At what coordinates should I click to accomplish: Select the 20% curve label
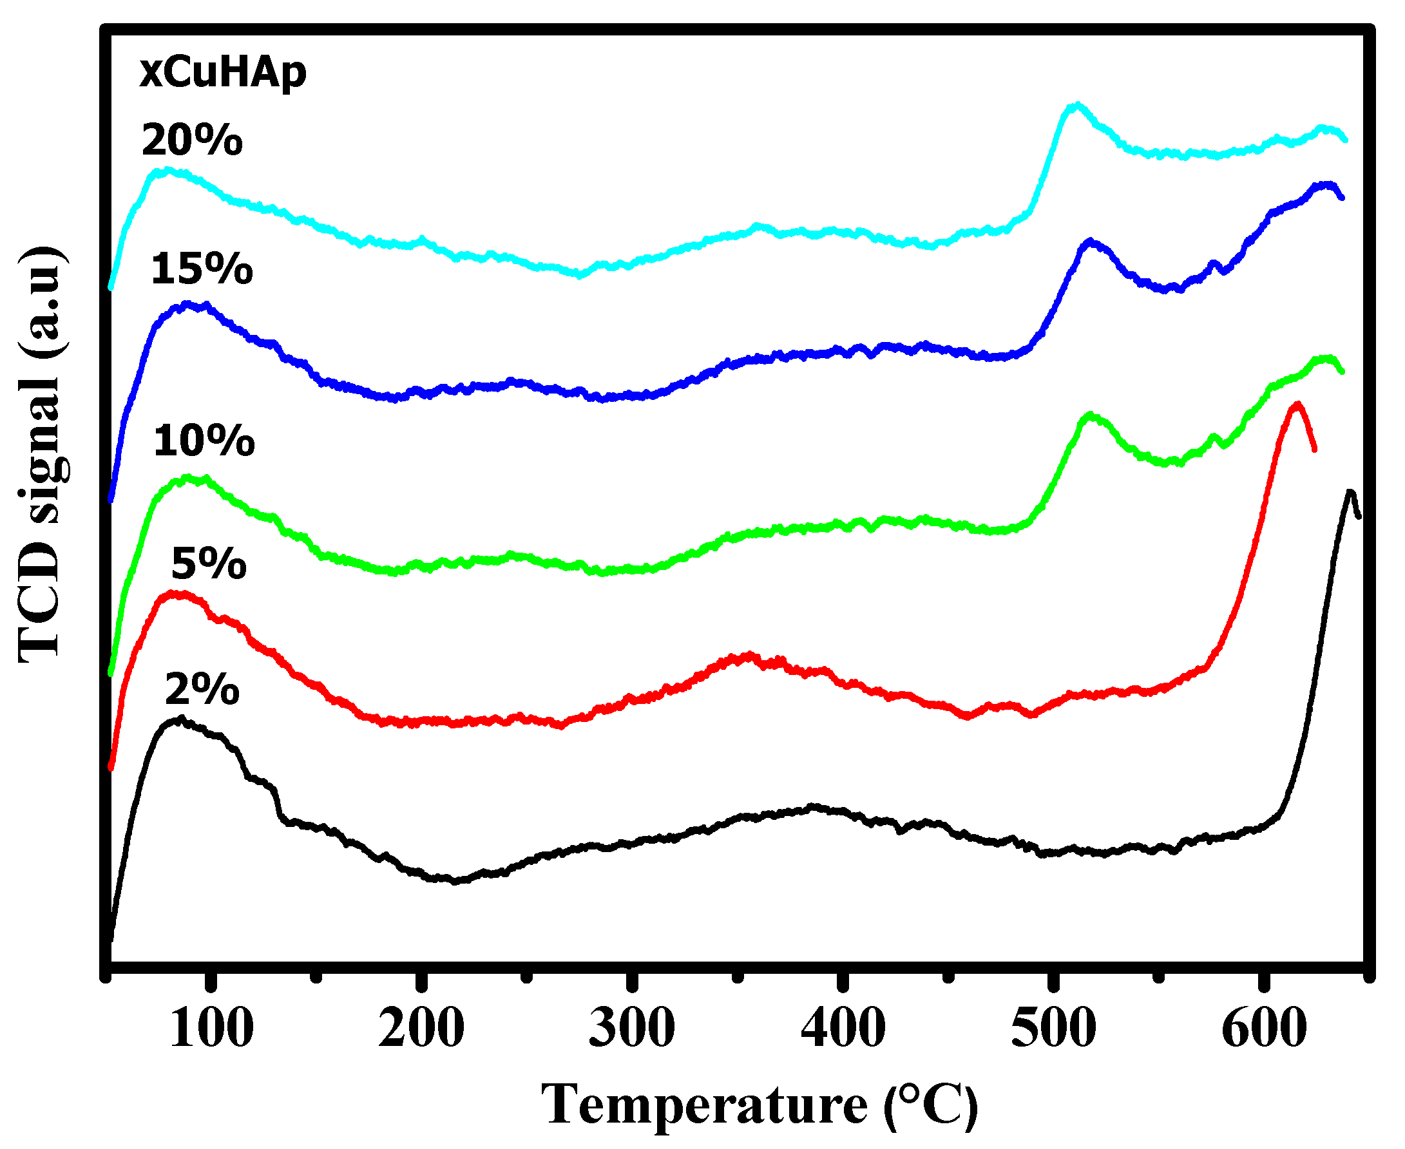point(192,141)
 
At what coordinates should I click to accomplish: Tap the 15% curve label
point(201,270)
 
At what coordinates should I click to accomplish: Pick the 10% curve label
point(204,441)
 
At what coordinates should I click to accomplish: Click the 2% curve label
point(202,690)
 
